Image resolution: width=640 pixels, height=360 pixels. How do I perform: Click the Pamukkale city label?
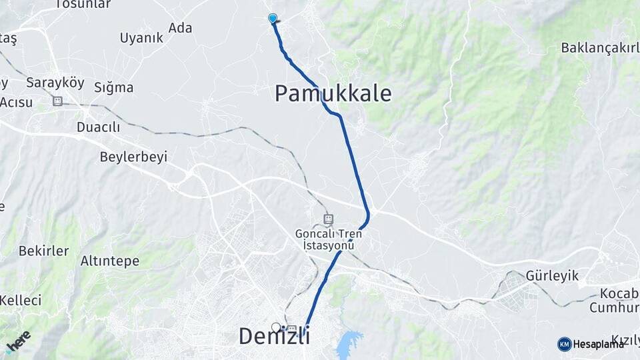[333, 93]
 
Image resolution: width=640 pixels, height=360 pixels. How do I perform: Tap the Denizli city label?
[274, 337]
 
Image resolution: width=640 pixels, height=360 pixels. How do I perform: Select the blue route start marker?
[273, 18]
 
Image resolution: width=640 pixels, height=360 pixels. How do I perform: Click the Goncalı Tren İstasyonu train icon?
[328, 219]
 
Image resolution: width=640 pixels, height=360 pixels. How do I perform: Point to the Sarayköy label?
[55, 83]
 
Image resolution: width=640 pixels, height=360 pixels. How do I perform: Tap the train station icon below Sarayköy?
[57, 101]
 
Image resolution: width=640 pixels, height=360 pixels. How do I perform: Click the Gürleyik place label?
[552, 275]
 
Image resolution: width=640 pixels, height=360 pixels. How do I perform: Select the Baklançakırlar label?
[599, 47]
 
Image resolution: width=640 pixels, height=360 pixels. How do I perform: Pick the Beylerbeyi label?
[133, 157]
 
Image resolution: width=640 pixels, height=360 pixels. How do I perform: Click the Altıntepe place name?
[110, 261]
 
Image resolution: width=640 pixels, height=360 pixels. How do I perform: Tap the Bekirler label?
[43, 251]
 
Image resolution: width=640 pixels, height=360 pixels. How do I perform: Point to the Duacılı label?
[98, 127]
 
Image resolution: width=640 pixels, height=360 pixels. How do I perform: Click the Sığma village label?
[113, 87]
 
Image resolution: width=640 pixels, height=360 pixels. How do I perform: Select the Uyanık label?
[141, 38]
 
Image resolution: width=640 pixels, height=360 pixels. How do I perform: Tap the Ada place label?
[180, 27]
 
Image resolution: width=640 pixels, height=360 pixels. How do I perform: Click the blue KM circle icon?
[564, 344]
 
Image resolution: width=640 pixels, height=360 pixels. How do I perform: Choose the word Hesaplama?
[599, 344]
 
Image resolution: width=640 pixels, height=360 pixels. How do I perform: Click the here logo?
[18, 341]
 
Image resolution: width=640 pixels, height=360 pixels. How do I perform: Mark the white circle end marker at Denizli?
[276, 327]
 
